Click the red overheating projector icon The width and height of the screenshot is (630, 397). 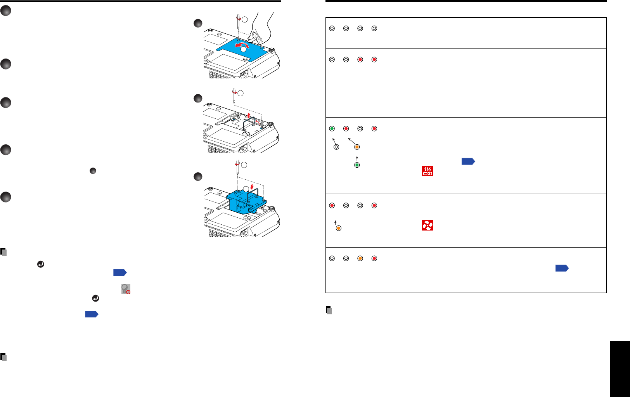click(427, 171)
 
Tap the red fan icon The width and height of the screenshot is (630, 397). click(427, 225)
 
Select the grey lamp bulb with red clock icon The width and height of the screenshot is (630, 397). click(126, 289)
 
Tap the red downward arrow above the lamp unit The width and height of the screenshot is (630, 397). click(252, 187)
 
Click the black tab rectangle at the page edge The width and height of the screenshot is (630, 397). click(620, 369)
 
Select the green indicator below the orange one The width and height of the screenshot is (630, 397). click(357, 165)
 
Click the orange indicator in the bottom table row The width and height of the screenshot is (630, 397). click(360, 258)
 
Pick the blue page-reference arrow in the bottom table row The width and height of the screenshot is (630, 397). click(562, 268)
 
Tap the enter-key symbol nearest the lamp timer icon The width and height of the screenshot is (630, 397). click(95, 298)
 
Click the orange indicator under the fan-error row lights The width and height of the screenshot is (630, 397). click(338, 228)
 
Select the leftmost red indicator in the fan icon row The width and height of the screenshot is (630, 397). click(332, 206)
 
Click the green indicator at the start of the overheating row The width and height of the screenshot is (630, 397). click(332, 129)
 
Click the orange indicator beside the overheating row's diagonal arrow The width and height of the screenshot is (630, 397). click(357, 147)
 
